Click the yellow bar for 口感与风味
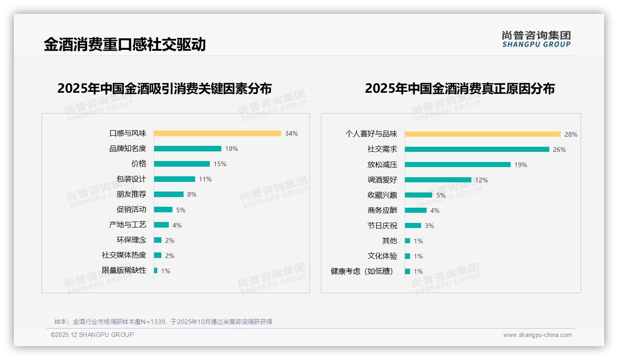[217, 133]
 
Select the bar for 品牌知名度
[187, 149]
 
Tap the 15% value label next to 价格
[220, 164]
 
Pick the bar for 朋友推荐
[168, 194]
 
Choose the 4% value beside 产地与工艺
[177, 225]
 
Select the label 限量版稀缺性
[124, 270]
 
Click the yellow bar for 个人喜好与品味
[482, 134]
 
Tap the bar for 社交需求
[477, 150]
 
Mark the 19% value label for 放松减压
[520, 165]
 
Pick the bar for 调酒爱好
[438, 180]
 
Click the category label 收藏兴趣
[382, 195]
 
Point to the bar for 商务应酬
[416, 210]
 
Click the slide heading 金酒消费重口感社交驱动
[125, 44]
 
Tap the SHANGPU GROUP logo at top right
[536, 39]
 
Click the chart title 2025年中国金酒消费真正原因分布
[459, 88]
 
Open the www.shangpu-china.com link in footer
[537, 335]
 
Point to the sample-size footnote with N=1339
[163, 322]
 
